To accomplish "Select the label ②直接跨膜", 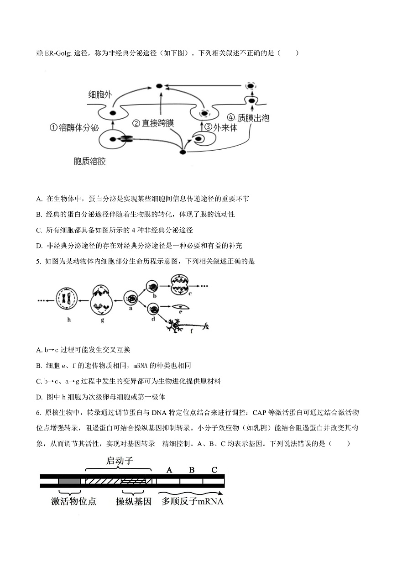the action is (x=153, y=123).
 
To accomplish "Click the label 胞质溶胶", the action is (x=89, y=162).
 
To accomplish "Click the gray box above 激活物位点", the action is (x=69, y=481).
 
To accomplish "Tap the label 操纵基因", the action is (x=133, y=501).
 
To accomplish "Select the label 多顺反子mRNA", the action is (x=193, y=501).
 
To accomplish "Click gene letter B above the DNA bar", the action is (x=192, y=470).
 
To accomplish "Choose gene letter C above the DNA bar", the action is (x=214, y=470).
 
